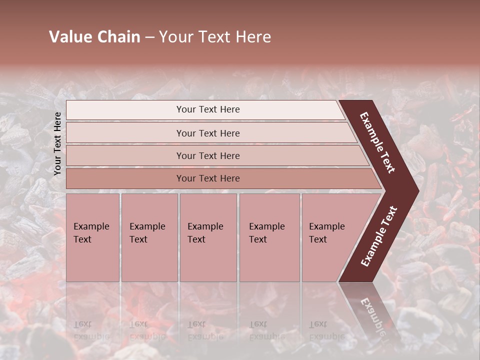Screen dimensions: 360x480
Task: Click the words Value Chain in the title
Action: click(94, 37)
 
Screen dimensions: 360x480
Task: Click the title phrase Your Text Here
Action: click(215, 37)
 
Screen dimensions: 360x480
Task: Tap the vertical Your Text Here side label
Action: click(57, 143)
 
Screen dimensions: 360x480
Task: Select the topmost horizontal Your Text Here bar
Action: click(207, 109)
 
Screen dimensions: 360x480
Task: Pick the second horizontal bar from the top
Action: click(207, 133)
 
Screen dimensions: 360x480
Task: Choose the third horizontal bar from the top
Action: click(207, 155)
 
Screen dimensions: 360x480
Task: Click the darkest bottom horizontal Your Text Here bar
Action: click(207, 178)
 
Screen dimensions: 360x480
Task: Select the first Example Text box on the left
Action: click(92, 237)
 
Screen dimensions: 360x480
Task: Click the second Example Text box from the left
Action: click(149, 237)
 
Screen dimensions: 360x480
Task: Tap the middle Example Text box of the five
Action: click(207, 237)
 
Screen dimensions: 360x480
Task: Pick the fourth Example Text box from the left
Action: click(269, 237)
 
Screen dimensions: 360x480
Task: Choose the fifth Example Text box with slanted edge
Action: click(330, 237)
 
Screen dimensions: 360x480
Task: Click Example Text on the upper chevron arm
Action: click(377, 143)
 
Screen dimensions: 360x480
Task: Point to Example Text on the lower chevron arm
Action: click(378, 236)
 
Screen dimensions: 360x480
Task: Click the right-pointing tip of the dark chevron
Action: click(415, 191)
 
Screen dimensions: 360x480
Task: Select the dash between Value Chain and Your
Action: click(149, 37)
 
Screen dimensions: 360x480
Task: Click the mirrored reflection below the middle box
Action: click(205, 330)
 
